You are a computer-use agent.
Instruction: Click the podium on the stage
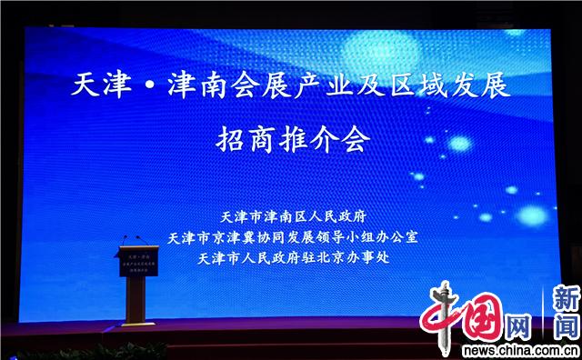pos(134,282)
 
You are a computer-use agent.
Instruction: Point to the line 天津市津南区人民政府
pos(292,217)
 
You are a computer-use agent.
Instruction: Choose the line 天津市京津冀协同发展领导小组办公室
pos(292,237)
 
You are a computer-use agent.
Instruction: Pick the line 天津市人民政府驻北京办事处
pos(292,258)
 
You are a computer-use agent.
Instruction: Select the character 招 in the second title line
pos(231,142)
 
